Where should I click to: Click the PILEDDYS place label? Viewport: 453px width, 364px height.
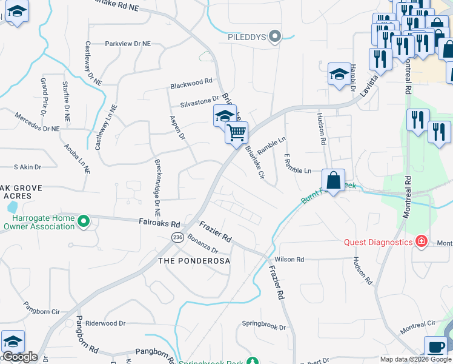(247, 37)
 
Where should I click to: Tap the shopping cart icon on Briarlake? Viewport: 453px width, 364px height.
(236, 132)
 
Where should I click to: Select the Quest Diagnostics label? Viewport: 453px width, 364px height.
(378, 242)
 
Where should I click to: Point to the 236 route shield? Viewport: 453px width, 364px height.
(177, 237)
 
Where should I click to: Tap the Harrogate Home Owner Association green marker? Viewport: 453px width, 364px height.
(84, 222)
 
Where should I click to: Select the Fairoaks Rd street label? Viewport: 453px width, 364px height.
(159, 223)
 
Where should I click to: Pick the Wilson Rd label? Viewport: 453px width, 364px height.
(289, 259)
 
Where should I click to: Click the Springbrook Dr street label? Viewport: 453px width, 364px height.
(263, 326)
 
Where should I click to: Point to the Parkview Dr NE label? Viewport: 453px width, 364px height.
(128, 44)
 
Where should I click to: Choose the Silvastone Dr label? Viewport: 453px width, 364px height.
(199, 99)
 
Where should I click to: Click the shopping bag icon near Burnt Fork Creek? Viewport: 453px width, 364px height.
(333, 180)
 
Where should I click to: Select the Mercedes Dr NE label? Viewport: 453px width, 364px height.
(38, 123)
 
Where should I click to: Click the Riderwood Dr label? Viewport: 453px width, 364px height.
(104, 324)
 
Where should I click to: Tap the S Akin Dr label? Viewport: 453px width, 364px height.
(27, 167)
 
